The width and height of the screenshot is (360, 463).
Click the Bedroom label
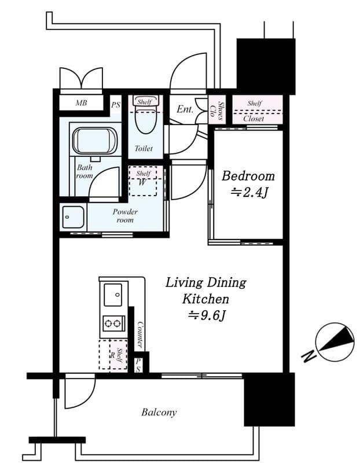click(248, 176)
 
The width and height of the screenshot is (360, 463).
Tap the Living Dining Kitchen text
click(205, 291)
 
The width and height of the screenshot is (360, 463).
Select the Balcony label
click(159, 413)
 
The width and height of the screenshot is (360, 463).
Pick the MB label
click(82, 104)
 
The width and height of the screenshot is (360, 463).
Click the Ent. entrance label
click(185, 109)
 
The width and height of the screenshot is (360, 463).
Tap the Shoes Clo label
click(216, 108)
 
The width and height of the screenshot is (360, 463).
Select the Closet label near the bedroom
click(254, 118)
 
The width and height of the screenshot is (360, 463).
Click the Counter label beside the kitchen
click(139, 334)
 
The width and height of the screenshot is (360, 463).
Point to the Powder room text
click(125, 216)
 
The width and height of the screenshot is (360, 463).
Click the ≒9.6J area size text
click(205, 315)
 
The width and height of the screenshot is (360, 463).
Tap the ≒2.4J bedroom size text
click(248, 193)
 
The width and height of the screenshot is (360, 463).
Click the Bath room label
click(85, 171)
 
